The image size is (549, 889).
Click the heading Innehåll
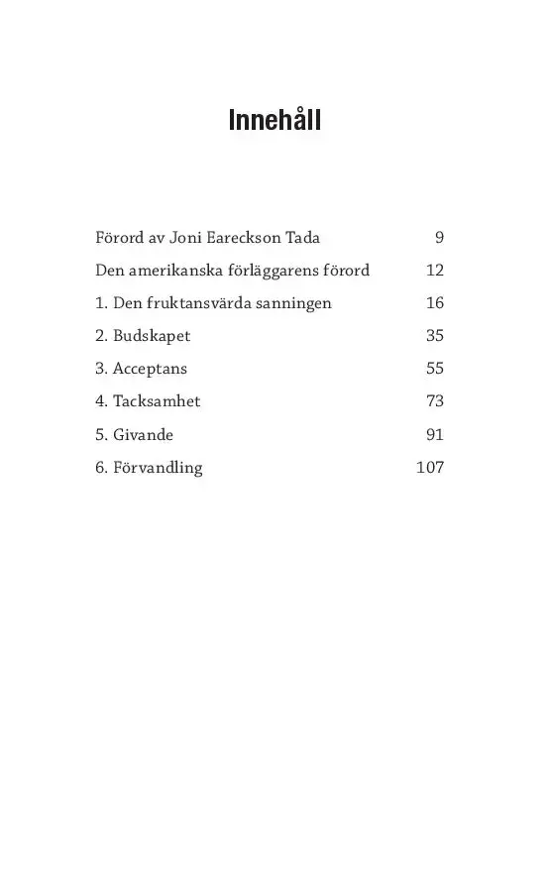coord(274,121)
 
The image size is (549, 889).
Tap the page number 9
coord(439,237)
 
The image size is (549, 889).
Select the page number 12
coord(435,270)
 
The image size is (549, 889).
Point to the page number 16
coord(435,302)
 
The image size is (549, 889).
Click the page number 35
coord(435,335)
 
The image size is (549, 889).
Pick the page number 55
coord(435,368)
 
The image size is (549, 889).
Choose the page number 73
coord(435,401)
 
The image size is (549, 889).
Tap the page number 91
coord(435,434)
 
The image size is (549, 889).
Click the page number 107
coord(430,467)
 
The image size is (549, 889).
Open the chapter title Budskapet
coord(151,336)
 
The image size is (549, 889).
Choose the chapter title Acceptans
coord(150,369)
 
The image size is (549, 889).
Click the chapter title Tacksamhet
coord(157,401)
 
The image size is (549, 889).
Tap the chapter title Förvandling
coord(157,468)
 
